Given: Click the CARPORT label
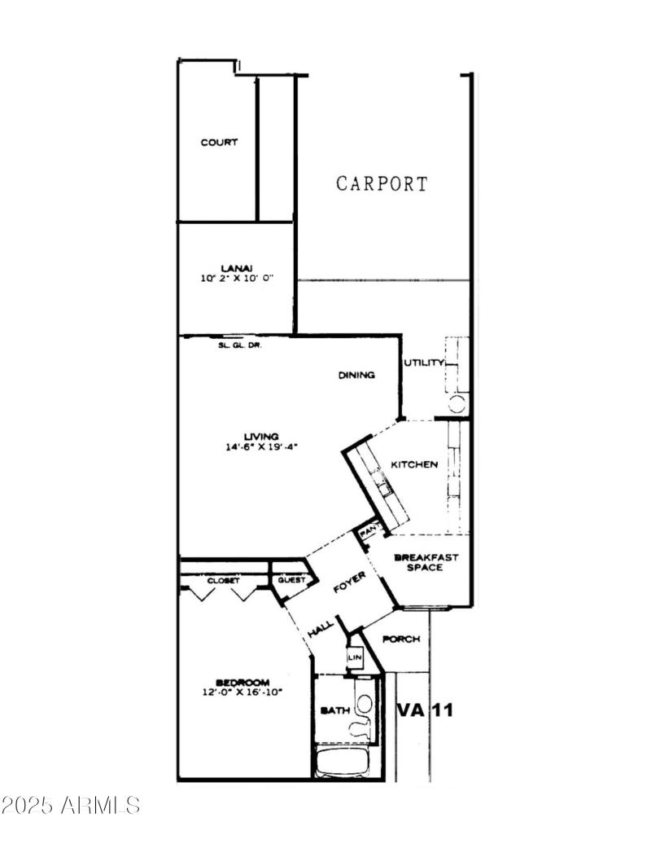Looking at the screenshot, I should click(382, 183).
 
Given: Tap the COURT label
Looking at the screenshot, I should click(220, 143).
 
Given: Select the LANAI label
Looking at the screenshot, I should click(237, 267).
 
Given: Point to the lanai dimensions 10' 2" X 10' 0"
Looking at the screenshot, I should click(237, 278).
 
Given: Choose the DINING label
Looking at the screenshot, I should click(356, 376).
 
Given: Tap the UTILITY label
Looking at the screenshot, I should click(424, 363).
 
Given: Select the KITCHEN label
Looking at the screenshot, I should click(414, 464).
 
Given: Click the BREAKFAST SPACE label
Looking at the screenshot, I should click(426, 562).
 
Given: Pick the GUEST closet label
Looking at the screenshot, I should click(291, 580).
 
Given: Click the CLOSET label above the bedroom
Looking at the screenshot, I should click(223, 580).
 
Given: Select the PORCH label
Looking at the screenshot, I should click(401, 639).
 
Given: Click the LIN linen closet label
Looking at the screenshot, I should click(354, 657).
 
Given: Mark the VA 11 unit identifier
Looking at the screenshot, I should click(425, 710).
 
